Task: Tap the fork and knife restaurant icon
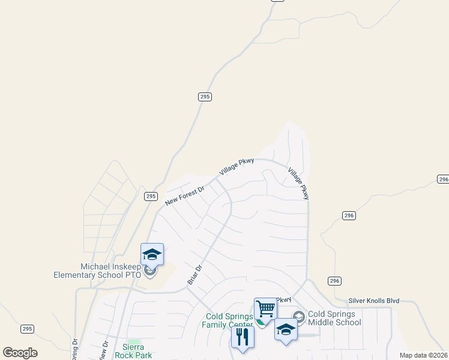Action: coord(243,336)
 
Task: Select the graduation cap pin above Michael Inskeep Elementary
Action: coord(152,254)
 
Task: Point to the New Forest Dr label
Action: coord(185,196)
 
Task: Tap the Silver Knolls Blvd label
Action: coord(374,300)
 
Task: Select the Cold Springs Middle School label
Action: coord(334,318)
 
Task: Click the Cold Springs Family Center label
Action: coord(230,320)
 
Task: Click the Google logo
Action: coord(20,353)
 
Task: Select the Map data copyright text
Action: coord(423,355)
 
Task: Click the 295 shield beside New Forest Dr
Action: coord(151,196)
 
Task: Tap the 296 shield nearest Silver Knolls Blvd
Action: coord(335,281)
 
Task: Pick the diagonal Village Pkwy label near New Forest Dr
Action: coord(237,166)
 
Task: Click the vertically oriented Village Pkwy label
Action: coord(298,183)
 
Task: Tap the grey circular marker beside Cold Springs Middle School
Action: coord(298,316)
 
